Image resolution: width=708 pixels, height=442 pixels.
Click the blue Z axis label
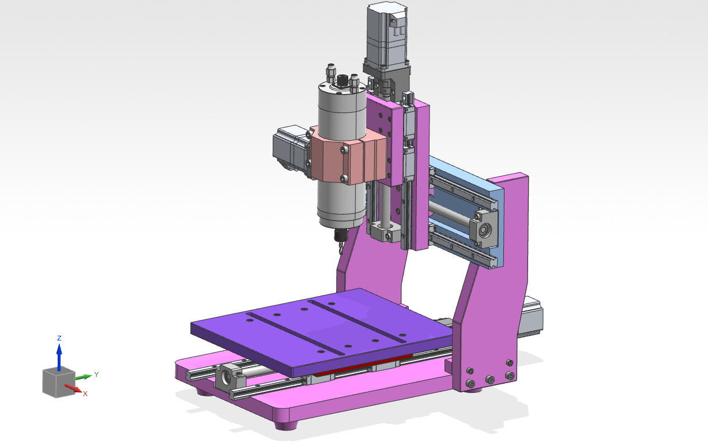(x=59, y=338)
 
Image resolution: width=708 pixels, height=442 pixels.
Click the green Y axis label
(x=96, y=374)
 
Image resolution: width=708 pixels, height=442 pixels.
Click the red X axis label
(x=85, y=394)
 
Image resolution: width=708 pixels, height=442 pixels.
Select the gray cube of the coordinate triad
(x=58, y=382)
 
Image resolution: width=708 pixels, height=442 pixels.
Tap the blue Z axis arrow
(x=59, y=357)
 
